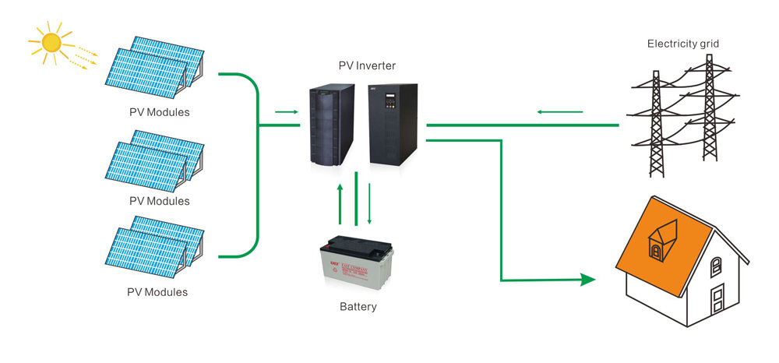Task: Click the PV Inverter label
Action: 366,65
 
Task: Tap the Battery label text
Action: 358,306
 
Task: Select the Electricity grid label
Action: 682,44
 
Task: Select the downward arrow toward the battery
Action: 370,204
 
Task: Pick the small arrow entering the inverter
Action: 287,112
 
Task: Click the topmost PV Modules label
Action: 159,112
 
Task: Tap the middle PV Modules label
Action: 159,201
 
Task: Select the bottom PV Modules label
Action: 157,292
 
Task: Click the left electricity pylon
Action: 654,117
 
